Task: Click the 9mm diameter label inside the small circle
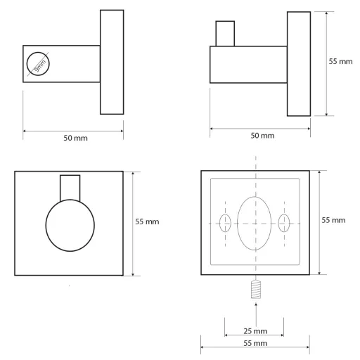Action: pyautogui.click(x=40, y=65)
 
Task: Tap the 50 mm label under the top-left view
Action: pyautogui.click(x=75, y=138)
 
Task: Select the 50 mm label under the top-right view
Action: pyautogui.click(x=262, y=136)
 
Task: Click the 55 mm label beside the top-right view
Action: pyautogui.click(x=340, y=62)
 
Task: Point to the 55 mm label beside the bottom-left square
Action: pyautogui.click(x=147, y=221)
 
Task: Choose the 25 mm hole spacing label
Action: pyautogui.click(x=255, y=331)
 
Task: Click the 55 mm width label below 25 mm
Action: pyautogui.click(x=255, y=343)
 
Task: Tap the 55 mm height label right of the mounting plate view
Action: pyautogui.click(x=333, y=220)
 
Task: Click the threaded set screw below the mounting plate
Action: pyautogui.click(x=256, y=289)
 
